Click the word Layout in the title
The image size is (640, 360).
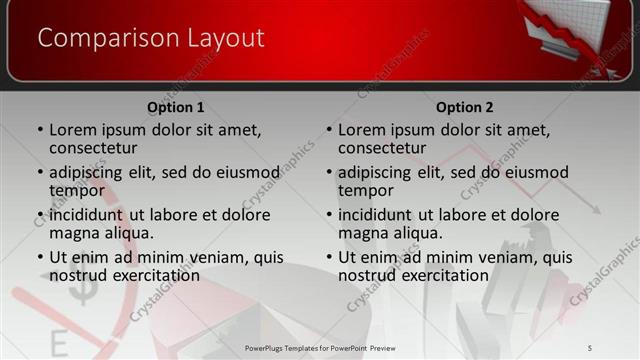click(225, 39)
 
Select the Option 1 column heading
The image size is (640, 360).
click(176, 107)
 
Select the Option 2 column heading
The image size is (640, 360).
click(465, 107)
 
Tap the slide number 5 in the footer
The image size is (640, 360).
click(590, 346)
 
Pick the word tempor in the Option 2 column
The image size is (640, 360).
click(365, 190)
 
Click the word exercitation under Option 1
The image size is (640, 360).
click(151, 275)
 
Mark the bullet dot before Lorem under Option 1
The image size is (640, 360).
click(40, 130)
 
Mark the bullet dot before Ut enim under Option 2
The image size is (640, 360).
click(329, 257)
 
